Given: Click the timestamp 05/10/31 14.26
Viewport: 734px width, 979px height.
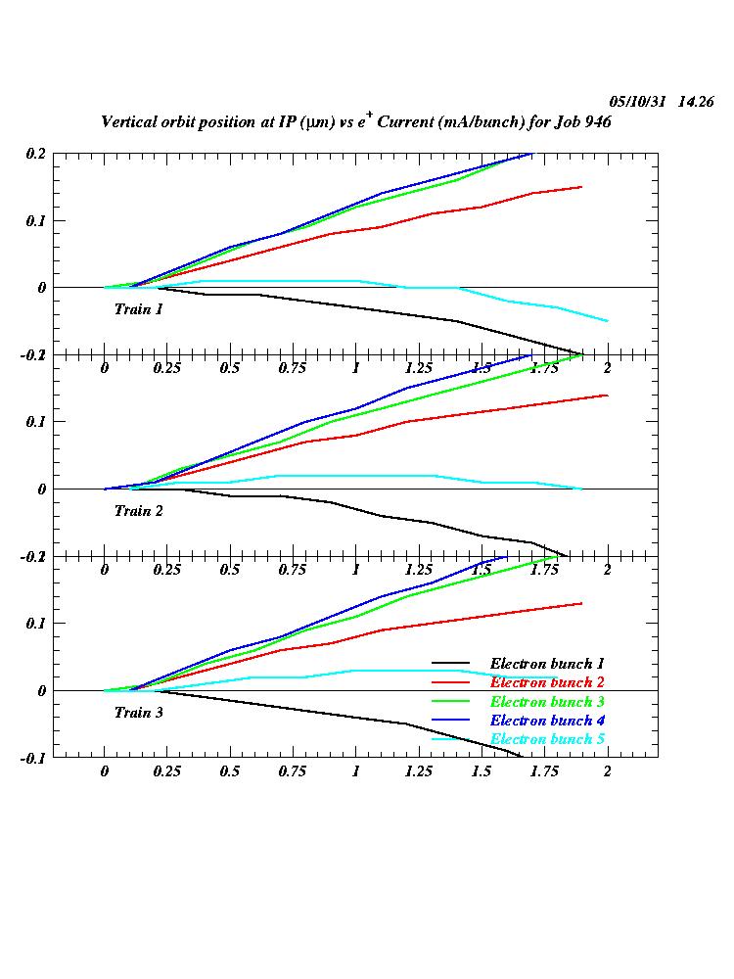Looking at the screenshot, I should pos(661,101).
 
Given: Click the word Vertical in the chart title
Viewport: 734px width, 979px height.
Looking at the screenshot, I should pos(132,122).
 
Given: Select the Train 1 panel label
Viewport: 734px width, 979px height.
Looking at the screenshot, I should pos(138,309).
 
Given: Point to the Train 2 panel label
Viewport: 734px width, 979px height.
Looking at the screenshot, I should pos(138,511).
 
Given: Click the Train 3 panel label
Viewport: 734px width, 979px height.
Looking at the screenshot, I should pos(138,713).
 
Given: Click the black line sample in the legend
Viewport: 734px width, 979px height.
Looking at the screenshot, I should pos(451,665).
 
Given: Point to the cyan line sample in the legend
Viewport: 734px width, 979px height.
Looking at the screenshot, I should pos(451,739).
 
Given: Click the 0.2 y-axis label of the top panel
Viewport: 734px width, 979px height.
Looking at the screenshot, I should pos(35,154).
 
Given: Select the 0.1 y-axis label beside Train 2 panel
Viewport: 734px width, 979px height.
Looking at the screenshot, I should pos(35,422).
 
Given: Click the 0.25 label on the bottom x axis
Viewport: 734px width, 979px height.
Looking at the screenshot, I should pos(167,771).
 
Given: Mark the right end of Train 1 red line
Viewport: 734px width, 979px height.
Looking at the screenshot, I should pos(582,187).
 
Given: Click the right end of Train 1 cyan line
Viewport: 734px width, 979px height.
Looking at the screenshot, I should pos(608,321).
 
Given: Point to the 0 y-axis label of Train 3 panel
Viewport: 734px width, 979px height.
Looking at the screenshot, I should pos(42,691).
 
